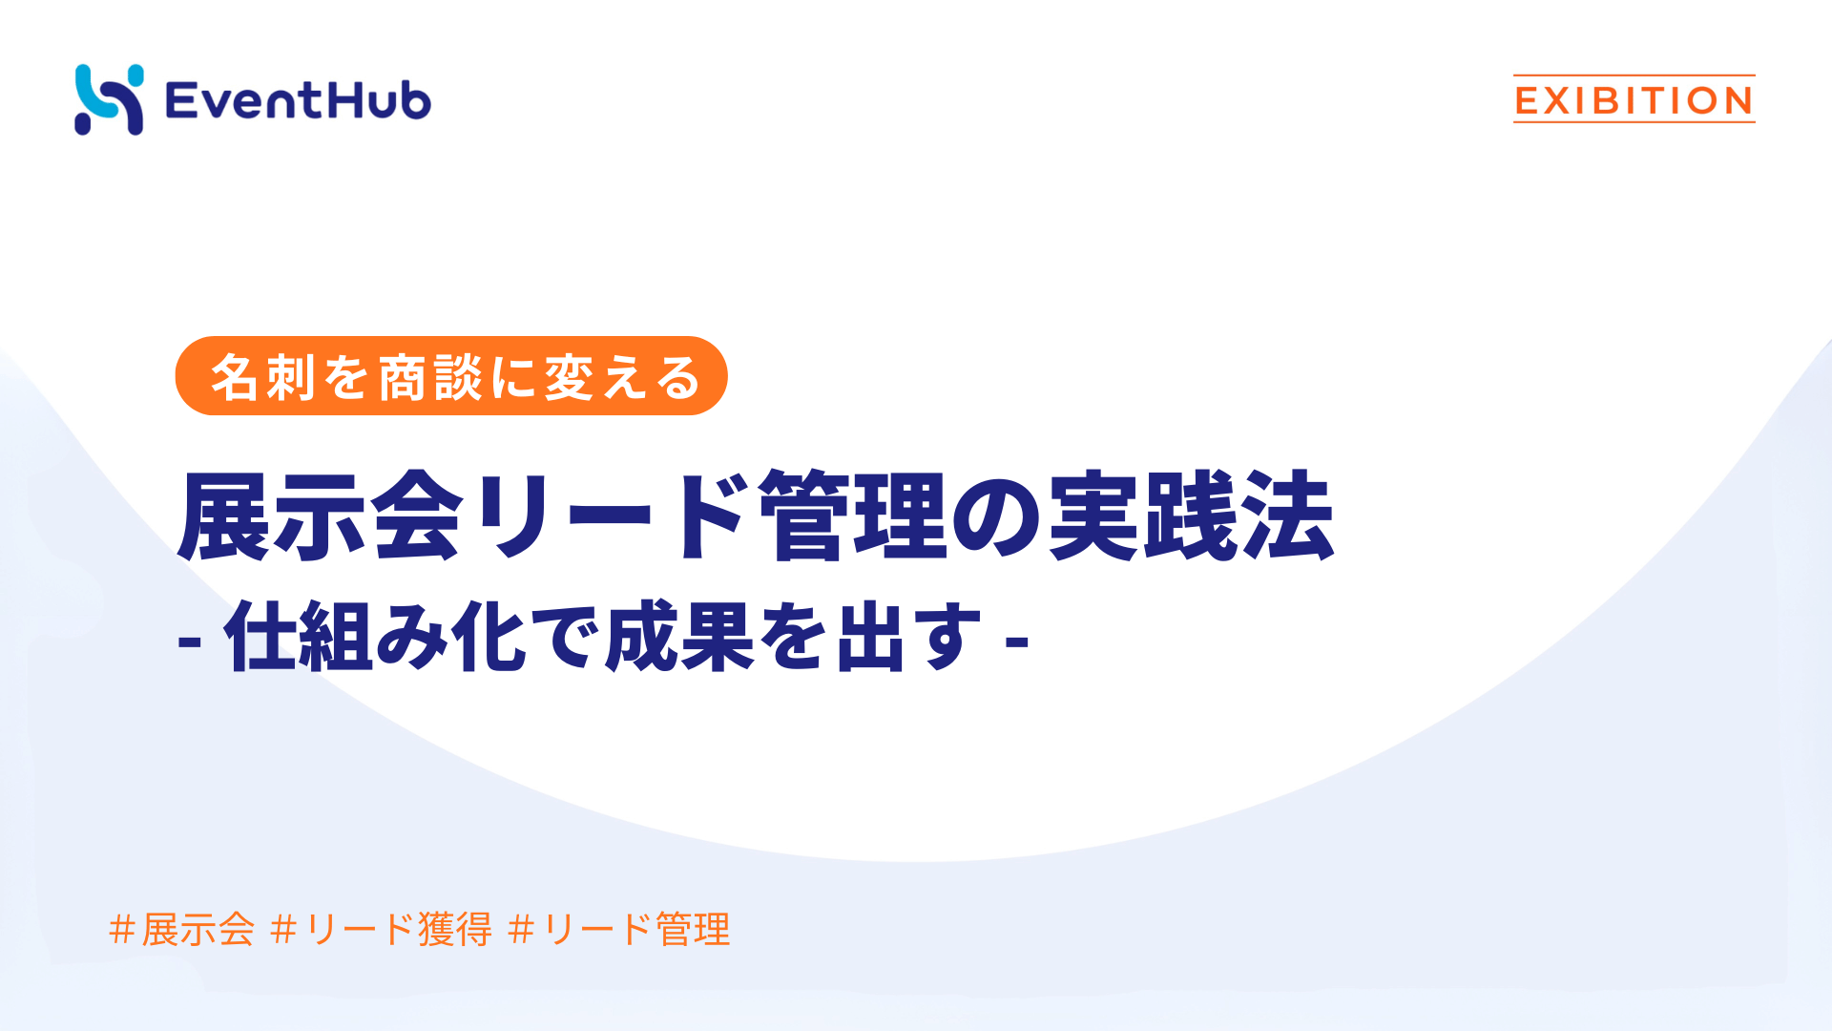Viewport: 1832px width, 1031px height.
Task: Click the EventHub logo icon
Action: [x=109, y=99]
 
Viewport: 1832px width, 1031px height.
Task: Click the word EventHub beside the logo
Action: [x=298, y=100]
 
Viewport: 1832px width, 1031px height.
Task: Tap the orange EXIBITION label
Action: [x=1634, y=100]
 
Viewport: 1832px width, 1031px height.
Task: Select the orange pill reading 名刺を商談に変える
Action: [x=451, y=376]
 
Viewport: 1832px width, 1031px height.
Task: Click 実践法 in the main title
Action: [x=1191, y=516]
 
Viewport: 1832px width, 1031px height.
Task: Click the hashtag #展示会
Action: [x=182, y=929]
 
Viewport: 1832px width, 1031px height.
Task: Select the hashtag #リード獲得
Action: [x=381, y=929]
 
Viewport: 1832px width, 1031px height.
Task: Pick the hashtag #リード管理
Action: [x=619, y=929]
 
